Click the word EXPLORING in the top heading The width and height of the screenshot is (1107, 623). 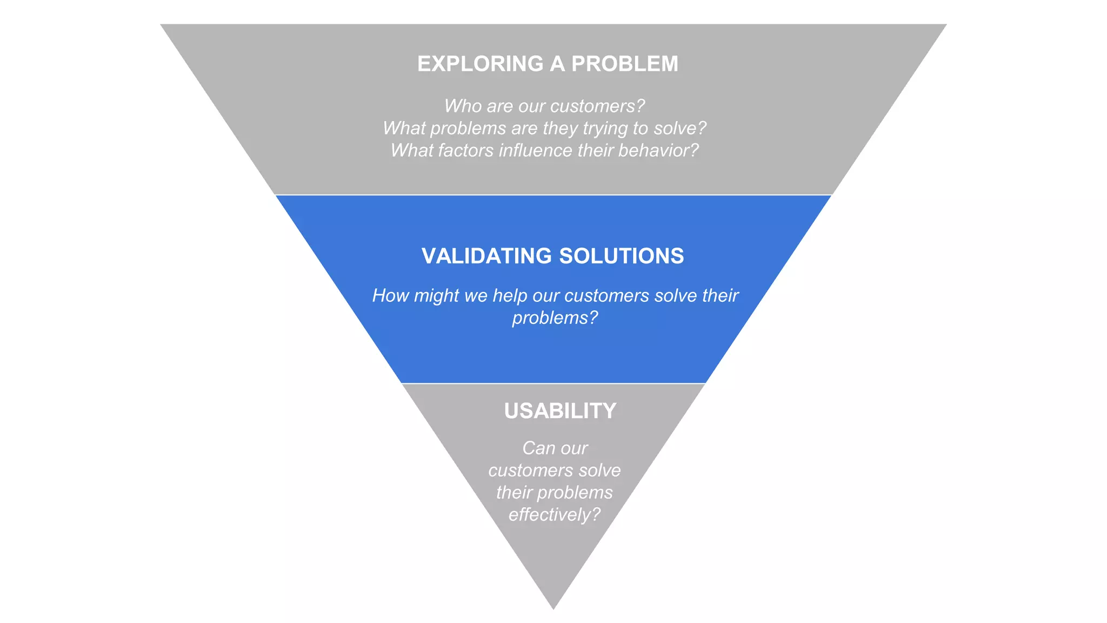(480, 64)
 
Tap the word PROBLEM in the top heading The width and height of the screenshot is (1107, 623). (624, 64)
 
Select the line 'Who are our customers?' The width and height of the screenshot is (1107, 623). (544, 106)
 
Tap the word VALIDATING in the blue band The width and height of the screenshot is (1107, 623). (486, 256)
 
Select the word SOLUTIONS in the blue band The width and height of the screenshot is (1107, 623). (621, 256)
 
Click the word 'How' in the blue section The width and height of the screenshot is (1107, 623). (390, 296)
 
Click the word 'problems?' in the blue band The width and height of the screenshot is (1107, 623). (555, 318)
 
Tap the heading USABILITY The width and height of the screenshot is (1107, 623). (560, 411)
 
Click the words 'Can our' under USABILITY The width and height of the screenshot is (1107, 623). (555, 448)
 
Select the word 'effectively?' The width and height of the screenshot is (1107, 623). (555, 515)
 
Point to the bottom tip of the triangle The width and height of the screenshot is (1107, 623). (553, 608)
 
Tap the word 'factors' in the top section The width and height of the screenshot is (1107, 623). (465, 150)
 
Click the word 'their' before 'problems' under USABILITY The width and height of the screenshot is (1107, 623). (514, 493)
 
